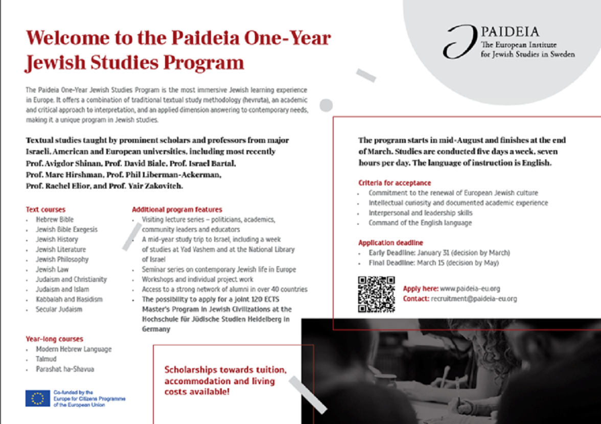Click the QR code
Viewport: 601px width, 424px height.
[x=376, y=294]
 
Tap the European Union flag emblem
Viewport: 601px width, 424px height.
[x=37, y=398]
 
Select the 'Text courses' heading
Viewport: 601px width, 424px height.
[x=45, y=209]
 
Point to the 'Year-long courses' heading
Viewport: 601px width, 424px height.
[x=54, y=339]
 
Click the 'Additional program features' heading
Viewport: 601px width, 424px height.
[x=177, y=209]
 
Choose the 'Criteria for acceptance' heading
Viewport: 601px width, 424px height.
[x=395, y=183]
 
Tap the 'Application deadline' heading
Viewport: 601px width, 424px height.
[x=390, y=243]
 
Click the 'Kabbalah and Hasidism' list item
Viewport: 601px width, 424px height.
[x=62, y=299]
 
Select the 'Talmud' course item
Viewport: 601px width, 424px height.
[x=45, y=359]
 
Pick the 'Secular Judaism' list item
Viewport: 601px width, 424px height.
[x=59, y=309]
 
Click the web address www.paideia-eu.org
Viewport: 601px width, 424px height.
[x=470, y=289]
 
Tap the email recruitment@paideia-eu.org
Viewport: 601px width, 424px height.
[x=474, y=299]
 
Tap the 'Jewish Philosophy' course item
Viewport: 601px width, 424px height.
[x=62, y=260]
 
